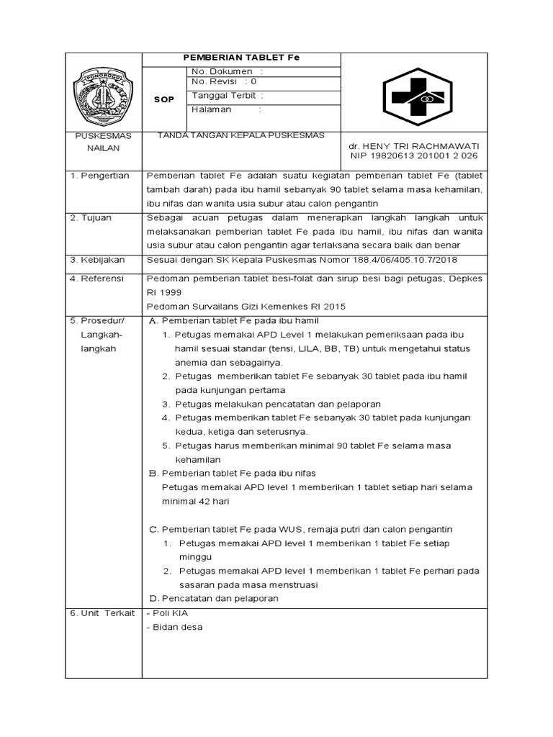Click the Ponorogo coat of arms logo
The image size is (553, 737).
pos(102,95)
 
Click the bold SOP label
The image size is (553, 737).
pos(164,100)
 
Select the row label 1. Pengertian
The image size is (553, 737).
pos(99,175)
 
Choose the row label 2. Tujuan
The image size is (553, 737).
pos(91,217)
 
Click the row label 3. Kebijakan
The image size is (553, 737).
pos(98,259)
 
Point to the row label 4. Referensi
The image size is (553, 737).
pos(97,278)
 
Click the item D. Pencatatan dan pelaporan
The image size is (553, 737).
pos(213,598)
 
